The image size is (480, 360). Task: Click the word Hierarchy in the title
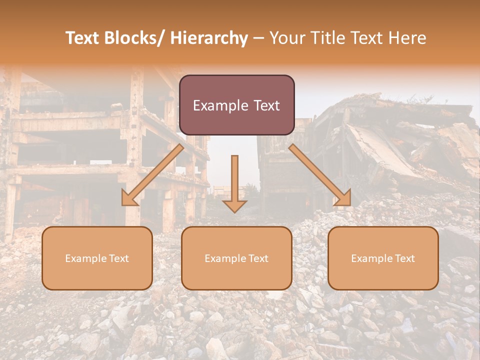(x=209, y=38)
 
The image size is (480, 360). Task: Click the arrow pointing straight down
(x=234, y=182)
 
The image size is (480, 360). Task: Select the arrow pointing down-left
(x=152, y=175)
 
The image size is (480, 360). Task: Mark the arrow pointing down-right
(x=320, y=175)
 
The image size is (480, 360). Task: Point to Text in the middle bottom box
(x=257, y=258)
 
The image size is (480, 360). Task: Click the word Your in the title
(x=285, y=38)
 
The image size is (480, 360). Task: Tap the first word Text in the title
(x=82, y=38)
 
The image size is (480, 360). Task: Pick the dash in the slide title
(x=258, y=38)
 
